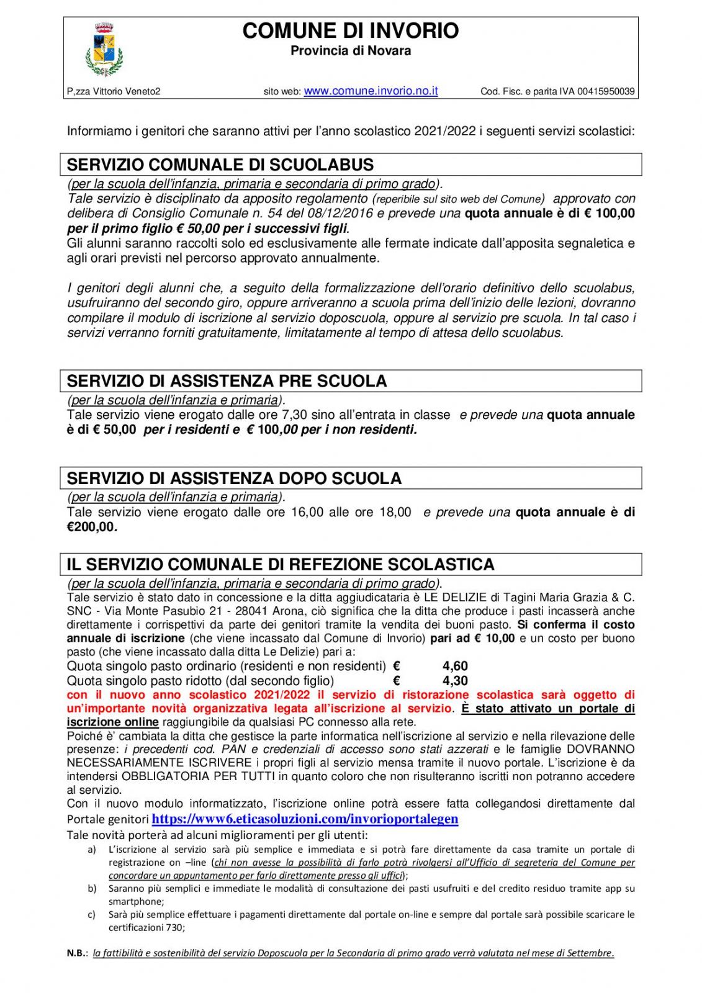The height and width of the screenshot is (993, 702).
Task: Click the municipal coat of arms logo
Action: [103, 50]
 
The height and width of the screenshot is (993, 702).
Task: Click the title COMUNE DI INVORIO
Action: [351, 30]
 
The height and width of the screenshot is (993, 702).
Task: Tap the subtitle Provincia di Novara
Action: [351, 51]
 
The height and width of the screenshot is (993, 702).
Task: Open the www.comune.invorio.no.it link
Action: [371, 91]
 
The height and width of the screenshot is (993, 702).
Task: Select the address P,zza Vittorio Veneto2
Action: [114, 92]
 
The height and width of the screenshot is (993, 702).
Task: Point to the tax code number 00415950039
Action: [606, 92]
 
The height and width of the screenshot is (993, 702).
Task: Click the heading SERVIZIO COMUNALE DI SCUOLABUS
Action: [220, 165]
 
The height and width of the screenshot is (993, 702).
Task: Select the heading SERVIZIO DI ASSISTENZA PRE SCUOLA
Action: [227, 381]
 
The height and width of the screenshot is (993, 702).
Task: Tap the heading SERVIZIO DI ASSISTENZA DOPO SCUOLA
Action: [234, 479]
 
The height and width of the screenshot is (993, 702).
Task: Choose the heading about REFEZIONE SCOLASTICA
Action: [281, 565]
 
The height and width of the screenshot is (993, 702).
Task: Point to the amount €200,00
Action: [91, 528]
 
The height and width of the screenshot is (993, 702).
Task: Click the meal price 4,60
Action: [455, 667]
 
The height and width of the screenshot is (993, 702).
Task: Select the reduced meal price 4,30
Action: [455, 681]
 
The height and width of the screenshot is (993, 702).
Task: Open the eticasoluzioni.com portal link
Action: [305, 819]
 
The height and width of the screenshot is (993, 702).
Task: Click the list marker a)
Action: [92, 850]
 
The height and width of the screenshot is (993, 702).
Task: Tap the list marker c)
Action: [92, 915]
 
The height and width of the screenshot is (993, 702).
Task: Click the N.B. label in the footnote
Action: [77, 953]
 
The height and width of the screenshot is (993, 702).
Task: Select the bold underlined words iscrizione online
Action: [112, 722]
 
